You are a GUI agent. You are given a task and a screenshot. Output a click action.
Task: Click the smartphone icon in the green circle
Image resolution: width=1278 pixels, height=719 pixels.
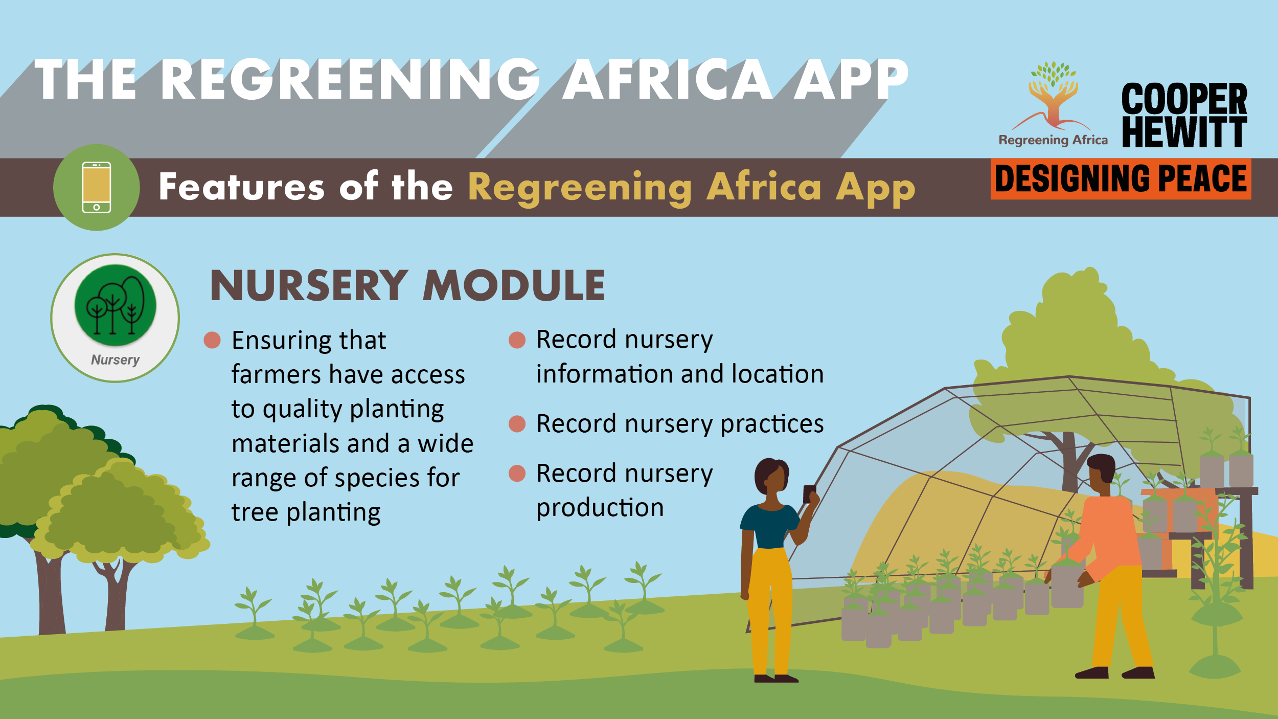[97, 187]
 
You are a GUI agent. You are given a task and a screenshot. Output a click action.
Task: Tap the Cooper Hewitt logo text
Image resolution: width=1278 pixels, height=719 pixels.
[1184, 115]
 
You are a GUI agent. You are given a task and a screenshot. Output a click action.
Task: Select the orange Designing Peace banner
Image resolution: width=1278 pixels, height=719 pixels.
[1121, 179]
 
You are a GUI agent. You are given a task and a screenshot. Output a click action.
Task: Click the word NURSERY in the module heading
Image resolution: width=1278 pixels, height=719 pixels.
[309, 285]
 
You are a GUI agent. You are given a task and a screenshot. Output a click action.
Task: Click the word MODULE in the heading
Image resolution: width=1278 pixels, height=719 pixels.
[514, 285]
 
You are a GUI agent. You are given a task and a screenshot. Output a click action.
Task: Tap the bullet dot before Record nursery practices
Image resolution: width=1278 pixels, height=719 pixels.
[517, 424]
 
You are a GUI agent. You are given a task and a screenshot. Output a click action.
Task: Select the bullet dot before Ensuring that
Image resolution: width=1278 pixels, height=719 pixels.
[212, 340]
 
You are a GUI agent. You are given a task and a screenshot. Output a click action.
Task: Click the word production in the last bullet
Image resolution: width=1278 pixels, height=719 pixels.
[600, 508]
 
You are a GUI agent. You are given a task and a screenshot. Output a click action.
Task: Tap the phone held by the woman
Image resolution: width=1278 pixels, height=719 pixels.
[809, 494]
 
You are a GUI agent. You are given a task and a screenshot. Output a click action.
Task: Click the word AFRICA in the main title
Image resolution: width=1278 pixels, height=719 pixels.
[668, 79]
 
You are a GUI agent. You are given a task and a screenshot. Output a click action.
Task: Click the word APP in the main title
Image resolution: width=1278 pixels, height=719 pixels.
[851, 79]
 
